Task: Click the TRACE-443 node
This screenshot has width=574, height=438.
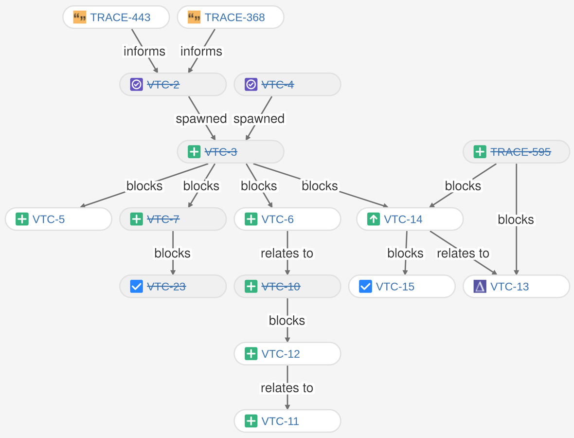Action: pos(116,18)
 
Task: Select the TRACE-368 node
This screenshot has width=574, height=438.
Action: pos(231,18)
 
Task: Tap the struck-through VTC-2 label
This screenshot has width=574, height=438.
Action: pos(163,85)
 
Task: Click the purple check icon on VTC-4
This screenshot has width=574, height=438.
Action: pos(251,85)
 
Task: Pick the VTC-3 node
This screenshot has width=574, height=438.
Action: pos(231,152)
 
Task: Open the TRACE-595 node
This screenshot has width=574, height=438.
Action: pos(516,152)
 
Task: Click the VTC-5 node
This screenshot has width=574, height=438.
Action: pos(58,219)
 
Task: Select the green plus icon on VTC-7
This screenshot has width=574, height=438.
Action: pos(137,219)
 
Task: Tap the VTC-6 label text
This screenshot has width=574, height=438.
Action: pos(277,219)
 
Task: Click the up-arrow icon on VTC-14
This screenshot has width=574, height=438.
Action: pos(373,219)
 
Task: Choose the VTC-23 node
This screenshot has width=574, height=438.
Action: pos(173,286)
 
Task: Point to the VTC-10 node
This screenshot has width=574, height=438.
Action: pos(287,286)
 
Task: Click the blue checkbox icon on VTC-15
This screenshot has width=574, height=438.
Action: pos(365,286)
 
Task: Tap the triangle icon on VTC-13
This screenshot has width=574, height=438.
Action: pos(480,286)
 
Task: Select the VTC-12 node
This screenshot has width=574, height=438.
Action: pos(287,354)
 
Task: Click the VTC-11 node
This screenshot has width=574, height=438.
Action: pos(287,421)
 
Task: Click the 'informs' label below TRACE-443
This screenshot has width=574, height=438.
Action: pos(144,51)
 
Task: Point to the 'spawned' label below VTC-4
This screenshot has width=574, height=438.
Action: pos(259,118)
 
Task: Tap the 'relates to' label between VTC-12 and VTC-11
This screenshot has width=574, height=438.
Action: pos(287,388)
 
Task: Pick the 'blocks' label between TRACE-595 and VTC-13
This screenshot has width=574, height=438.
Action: pos(516,219)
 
